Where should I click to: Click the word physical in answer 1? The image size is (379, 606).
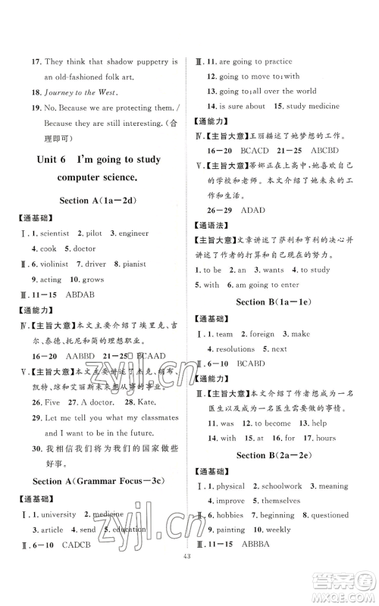pos(233,486)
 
